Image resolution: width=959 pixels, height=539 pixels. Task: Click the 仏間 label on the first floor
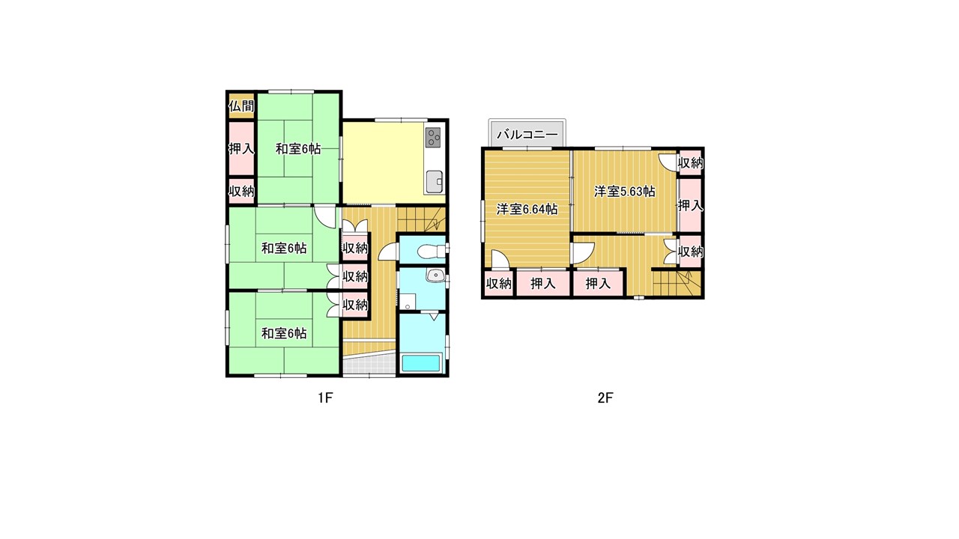[x=241, y=106]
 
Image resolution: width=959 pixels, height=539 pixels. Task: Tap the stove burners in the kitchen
[x=433, y=137]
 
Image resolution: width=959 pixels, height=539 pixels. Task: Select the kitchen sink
[x=434, y=181]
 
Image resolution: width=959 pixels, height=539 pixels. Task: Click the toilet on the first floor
[x=432, y=251]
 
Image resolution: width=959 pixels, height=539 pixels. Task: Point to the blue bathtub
[x=421, y=364]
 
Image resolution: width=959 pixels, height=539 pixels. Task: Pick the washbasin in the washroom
[x=435, y=275]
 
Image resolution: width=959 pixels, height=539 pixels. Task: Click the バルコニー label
[x=527, y=134]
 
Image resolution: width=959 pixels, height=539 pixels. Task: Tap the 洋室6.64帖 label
[x=527, y=209]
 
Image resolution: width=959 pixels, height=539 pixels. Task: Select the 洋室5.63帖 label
[x=625, y=191]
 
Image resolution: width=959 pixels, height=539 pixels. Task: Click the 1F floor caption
[x=325, y=398]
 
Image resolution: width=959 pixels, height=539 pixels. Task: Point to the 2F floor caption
[x=605, y=398]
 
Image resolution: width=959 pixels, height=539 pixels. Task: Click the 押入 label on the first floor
[x=241, y=149]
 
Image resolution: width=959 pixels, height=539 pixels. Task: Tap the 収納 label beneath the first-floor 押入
[x=241, y=191]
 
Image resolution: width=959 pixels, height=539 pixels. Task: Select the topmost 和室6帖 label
[x=298, y=149]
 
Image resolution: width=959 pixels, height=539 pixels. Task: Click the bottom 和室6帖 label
[x=284, y=333]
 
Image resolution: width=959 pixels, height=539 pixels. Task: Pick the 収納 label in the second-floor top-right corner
[x=691, y=162]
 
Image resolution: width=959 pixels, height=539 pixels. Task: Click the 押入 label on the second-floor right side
[x=691, y=206]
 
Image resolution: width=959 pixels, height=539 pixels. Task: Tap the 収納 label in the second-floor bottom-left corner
[x=499, y=283]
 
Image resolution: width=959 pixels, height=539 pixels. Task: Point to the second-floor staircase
[x=677, y=283]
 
